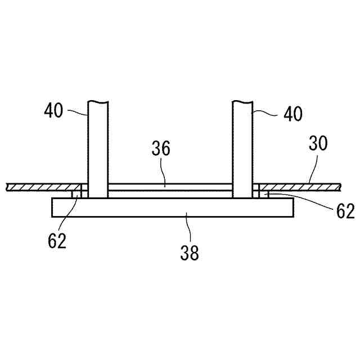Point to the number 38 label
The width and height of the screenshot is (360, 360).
pyautogui.click(x=190, y=253)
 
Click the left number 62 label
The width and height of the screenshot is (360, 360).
pyautogui.click(x=57, y=240)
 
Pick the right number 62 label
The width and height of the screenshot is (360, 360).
pyautogui.click(x=345, y=211)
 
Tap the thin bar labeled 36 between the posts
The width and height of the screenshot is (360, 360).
pyautogui.click(x=169, y=187)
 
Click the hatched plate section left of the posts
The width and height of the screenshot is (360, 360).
pyautogui.click(x=42, y=187)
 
